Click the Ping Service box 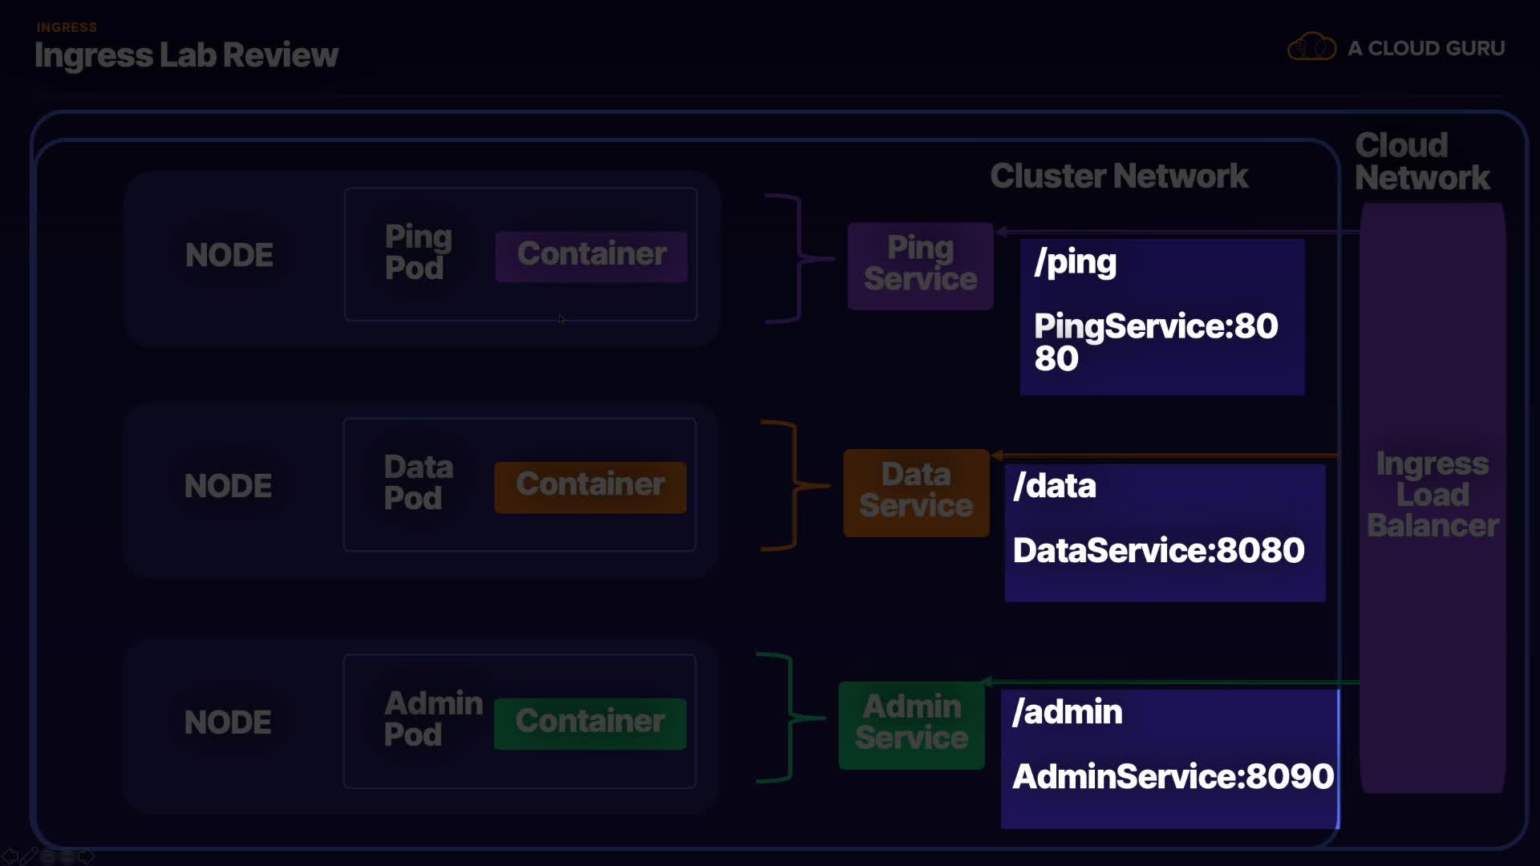920,265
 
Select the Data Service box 915,492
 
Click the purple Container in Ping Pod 591,256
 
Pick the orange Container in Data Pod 590,486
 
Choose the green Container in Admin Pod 590,722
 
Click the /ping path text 1075,262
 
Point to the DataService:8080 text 1158,551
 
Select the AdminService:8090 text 1173,776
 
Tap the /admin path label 1067,712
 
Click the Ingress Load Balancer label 1433,495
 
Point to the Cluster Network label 1119,176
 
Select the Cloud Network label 1421,161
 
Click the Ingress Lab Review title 186,55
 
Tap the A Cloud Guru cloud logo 1311,47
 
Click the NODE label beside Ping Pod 229,255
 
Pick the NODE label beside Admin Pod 228,722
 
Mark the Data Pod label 417,483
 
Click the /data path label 1054,486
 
